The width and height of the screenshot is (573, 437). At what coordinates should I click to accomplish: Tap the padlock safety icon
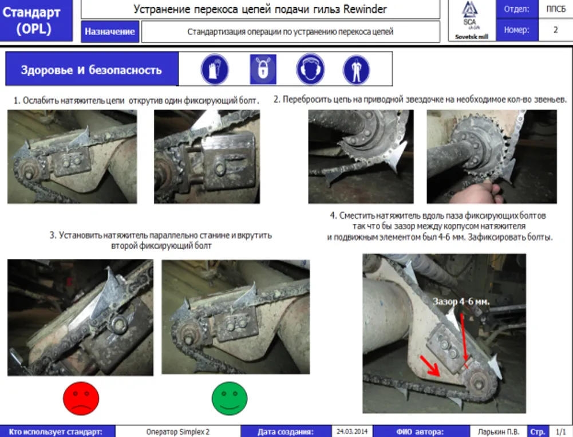point(263,69)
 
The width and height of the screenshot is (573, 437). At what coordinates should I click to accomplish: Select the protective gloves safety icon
point(215,69)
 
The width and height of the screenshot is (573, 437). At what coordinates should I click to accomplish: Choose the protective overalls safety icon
point(356,69)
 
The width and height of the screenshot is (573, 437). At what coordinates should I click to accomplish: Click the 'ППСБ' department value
point(555,10)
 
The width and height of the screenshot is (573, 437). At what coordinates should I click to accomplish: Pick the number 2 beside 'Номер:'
point(555,30)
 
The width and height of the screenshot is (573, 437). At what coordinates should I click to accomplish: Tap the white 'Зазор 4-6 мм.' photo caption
point(463,301)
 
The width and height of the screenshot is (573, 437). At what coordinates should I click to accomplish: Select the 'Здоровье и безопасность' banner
point(92,70)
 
